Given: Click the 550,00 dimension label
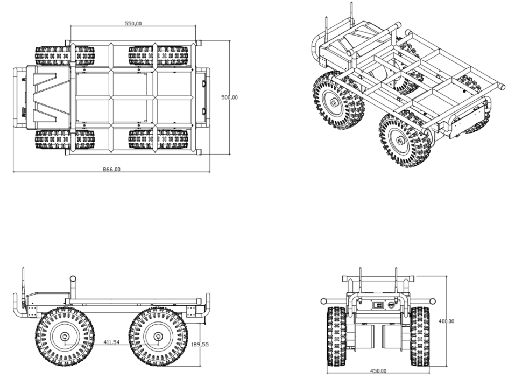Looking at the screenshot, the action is tap(133, 23).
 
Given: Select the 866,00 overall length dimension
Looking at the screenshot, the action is tap(111, 169).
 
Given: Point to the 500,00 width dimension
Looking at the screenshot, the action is tap(229, 97).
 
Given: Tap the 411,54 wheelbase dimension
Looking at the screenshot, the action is tap(111, 342).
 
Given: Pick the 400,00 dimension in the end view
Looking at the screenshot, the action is tap(446, 321).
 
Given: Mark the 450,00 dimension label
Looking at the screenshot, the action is tap(378, 371).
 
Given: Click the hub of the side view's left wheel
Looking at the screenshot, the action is tap(65, 337).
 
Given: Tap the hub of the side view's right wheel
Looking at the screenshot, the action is tap(158, 336).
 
